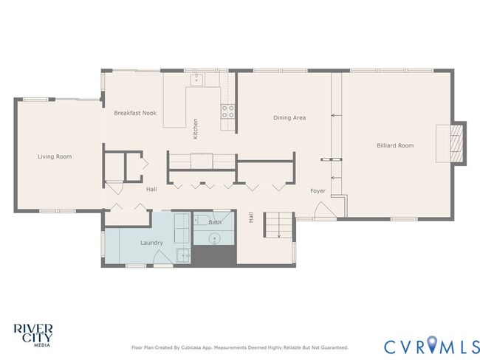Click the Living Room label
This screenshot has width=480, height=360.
[55, 156]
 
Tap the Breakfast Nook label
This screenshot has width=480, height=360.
[135, 113]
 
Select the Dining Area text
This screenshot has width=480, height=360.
[289, 117]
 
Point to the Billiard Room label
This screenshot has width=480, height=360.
[395, 145]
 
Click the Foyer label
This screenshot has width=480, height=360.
[318, 191]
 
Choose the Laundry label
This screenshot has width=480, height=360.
[151, 243]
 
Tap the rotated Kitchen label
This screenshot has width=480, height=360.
[195, 129]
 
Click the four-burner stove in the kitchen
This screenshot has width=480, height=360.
[227, 111]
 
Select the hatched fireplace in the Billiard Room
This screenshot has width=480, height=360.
[456, 143]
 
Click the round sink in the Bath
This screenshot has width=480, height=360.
[215, 238]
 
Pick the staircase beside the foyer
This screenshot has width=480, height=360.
[278, 225]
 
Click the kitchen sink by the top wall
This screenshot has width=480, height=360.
[196, 80]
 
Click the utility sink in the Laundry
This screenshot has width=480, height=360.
[183, 255]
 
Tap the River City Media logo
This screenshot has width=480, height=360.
[33, 335]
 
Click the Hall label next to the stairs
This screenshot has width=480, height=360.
[251, 217]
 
